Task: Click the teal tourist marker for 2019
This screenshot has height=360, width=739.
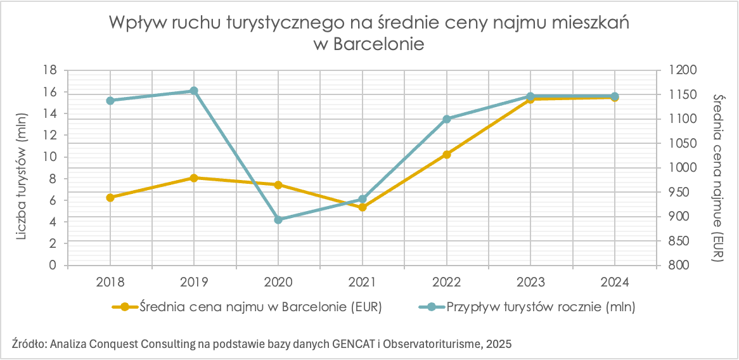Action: pyautogui.click(x=194, y=91)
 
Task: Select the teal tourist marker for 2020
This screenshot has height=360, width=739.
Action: pyautogui.click(x=278, y=219)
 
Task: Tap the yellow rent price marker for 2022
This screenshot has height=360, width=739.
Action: pyautogui.click(x=447, y=154)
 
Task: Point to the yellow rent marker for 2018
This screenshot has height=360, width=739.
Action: pyautogui.click(x=110, y=197)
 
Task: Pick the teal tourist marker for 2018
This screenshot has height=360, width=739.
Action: pyautogui.click(x=110, y=100)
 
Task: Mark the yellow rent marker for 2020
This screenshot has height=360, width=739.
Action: pyautogui.click(x=278, y=184)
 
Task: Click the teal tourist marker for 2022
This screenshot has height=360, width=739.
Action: pyautogui.click(x=447, y=119)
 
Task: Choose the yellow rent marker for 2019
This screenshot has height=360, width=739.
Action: pyautogui.click(x=194, y=177)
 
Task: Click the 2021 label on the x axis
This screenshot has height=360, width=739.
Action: pyautogui.click(x=363, y=281)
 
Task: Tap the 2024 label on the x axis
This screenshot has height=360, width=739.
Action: pyautogui.click(x=614, y=281)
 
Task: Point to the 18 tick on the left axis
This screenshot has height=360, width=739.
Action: pyautogui.click(x=50, y=70)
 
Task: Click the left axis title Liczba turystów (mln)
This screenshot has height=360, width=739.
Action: pyautogui.click(x=23, y=167)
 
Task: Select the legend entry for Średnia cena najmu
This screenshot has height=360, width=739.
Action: pyautogui.click(x=247, y=307)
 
